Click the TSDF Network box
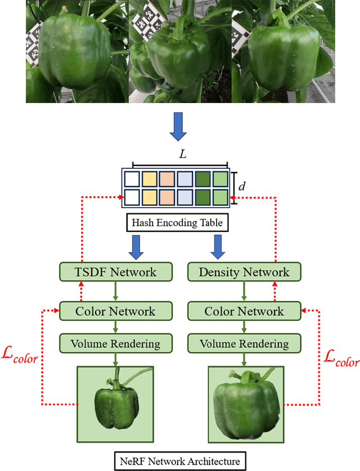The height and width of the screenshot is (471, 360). pos(115,272)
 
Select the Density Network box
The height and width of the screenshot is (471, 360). pos(244,272)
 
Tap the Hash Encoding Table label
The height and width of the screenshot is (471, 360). pos(177,223)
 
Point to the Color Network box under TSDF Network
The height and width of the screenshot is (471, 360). pos(115,310)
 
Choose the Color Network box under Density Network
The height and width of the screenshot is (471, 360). pos(244,310)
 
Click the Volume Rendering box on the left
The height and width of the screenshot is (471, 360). pos(115,343)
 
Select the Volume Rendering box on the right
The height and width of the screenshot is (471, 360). pos(244,343)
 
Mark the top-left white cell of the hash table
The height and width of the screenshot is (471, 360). pos(132,179)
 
